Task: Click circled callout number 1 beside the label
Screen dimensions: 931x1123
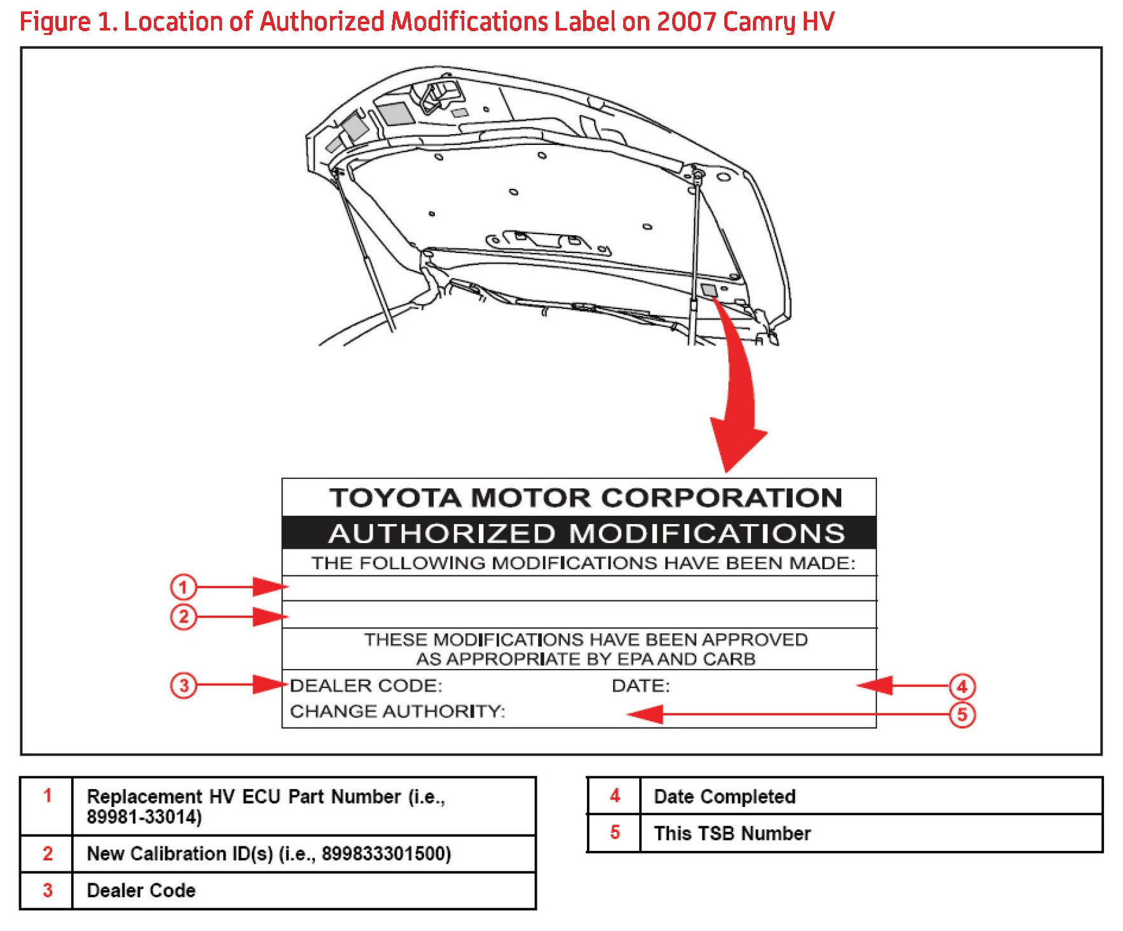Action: [183, 587]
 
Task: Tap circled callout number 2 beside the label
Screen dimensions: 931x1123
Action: [183, 617]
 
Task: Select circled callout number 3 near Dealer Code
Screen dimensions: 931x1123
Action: [183, 686]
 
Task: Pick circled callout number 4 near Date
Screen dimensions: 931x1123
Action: [961, 687]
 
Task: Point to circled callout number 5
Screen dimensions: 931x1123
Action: [961, 715]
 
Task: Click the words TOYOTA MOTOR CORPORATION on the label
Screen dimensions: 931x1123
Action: [586, 497]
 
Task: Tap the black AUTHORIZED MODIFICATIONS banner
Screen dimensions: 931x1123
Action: [586, 533]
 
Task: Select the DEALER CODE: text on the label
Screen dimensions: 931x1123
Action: [366, 686]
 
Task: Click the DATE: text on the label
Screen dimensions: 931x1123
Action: [640, 686]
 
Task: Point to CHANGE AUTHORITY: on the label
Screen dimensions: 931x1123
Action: [397, 711]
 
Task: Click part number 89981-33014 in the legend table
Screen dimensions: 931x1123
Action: [144, 817]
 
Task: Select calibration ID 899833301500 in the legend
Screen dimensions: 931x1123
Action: [386, 853]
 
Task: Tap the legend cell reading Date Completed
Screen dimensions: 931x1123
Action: [724, 796]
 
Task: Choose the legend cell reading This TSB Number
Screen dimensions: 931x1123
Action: [732, 833]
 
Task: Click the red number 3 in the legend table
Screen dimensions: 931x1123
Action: [48, 890]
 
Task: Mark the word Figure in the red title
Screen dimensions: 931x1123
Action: [55, 22]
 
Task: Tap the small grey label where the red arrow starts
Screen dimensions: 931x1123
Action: [708, 291]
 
